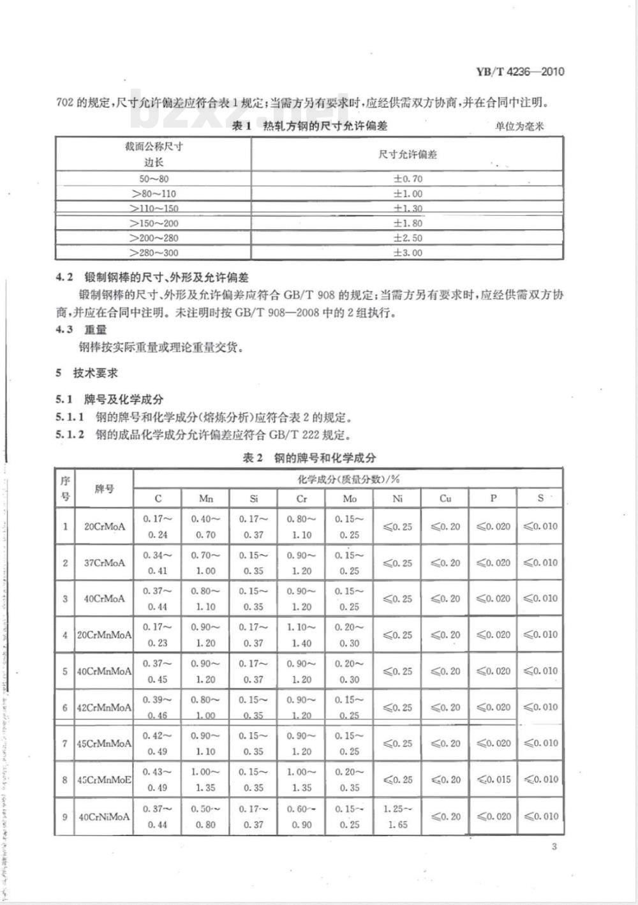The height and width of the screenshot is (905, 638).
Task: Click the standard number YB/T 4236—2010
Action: coord(519,71)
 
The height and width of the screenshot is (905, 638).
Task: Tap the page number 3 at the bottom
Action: coord(554,846)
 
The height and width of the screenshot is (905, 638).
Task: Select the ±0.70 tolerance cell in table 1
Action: coord(408,179)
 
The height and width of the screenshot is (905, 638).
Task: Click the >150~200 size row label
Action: coord(154,223)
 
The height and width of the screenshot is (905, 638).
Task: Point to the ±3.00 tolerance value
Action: coord(408,253)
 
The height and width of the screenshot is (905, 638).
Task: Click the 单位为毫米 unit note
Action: coord(519,126)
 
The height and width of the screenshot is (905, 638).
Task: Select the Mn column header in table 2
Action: coord(205,498)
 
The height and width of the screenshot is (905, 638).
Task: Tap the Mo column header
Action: coord(350,498)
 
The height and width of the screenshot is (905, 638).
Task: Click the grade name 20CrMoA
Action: coord(105,527)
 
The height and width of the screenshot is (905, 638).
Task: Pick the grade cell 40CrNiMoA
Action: coord(104,816)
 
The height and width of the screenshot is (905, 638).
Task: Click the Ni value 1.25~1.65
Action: coord(397,816)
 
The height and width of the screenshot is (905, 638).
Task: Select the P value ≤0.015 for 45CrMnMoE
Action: coord(493,779)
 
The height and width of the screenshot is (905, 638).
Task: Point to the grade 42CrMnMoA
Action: coord(104,707)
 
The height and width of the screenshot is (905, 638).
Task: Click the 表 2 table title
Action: coord(309,458)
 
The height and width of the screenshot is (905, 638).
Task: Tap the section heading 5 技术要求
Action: coord(87,373)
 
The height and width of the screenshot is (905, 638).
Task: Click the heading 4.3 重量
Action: coord(82,329)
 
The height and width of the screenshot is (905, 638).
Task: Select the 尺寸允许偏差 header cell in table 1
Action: coord(408,154)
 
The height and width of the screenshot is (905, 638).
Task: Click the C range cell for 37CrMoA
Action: coord(158,563)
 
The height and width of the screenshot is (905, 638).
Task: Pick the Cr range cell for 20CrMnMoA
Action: coord(302,635)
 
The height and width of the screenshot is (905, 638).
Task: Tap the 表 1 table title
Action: coord(309,126)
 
